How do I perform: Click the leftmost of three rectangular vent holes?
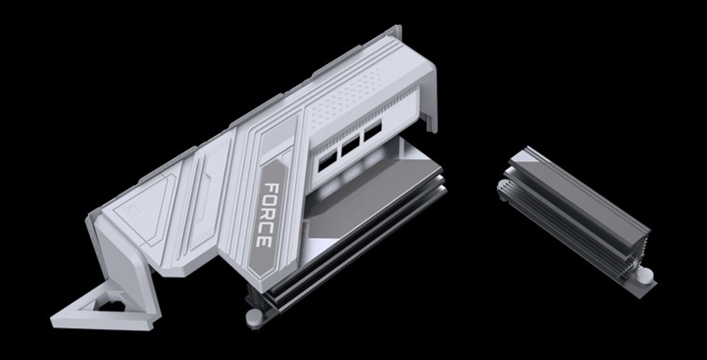(x=328, y=160)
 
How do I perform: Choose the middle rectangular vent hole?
(x=352, y=152)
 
